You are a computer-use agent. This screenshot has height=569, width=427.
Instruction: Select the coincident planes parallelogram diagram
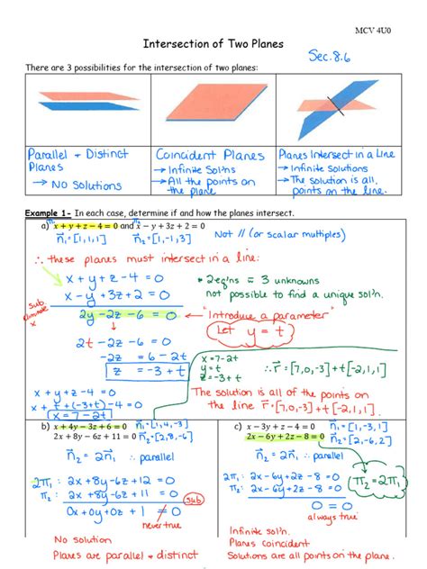213,104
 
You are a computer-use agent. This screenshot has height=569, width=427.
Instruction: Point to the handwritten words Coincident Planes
210,156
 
